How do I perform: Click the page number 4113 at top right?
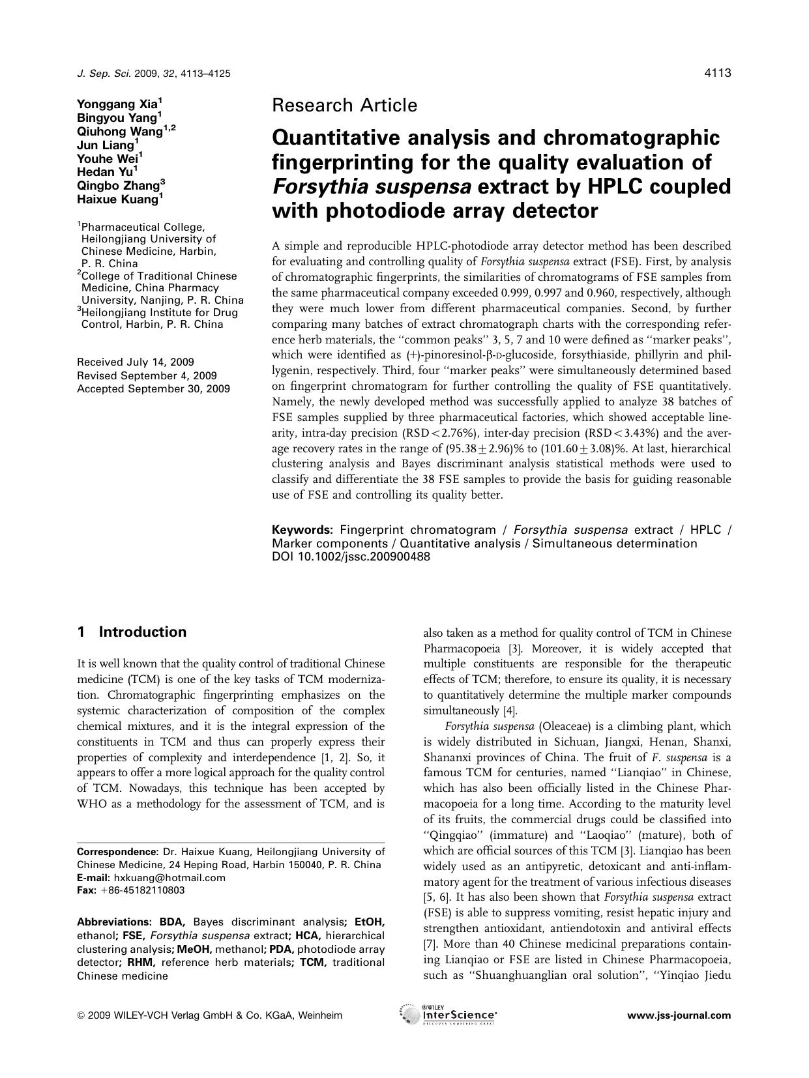[717, 73]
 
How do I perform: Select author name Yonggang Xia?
[117, 104]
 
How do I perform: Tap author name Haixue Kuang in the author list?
[117, 199]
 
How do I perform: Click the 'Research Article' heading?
[344, 105]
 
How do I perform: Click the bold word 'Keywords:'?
[302, 530]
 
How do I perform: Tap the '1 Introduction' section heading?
[131, 632]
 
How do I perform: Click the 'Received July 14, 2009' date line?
[135, 362]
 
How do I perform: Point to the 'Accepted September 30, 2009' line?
[153, 389]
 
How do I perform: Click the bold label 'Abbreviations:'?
[113, 922]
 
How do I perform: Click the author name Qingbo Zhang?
[119, 186]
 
